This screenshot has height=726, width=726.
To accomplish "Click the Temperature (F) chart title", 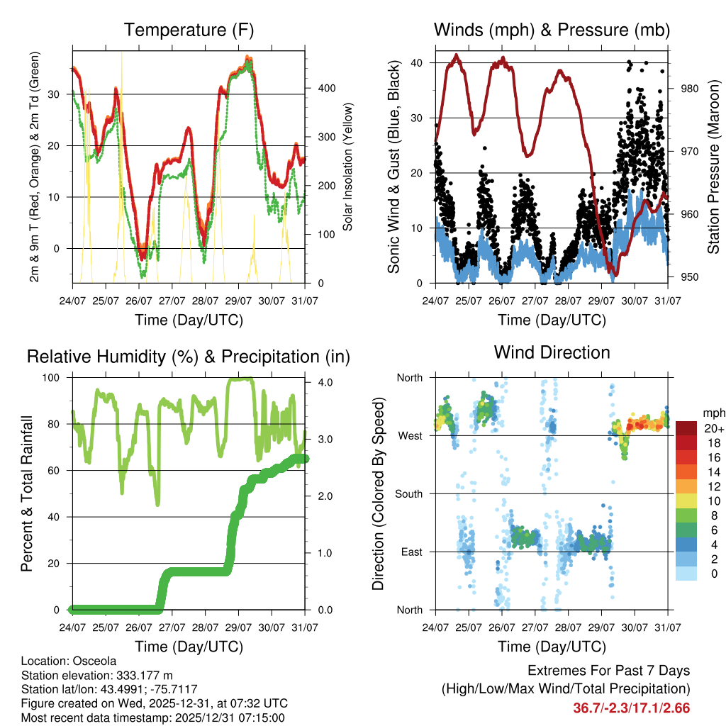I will tap(189, 30).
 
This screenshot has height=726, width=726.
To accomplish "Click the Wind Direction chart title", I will tap(552, 352).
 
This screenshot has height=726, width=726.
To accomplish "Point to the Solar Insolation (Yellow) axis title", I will tap(347, 167).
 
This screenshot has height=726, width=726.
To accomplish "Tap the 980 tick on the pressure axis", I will tap(682, 89).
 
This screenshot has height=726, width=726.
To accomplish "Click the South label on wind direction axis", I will tap(408, 493).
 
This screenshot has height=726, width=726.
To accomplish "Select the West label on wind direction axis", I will tap(410, 435).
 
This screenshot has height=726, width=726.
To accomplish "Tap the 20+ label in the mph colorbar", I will tap(714, 428).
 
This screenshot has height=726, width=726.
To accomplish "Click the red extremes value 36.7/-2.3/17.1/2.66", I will tap(631, 708).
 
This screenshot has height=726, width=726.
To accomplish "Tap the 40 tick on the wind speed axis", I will tap(418, 62).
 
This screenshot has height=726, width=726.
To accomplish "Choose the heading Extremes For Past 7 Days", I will tap(608, 671).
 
